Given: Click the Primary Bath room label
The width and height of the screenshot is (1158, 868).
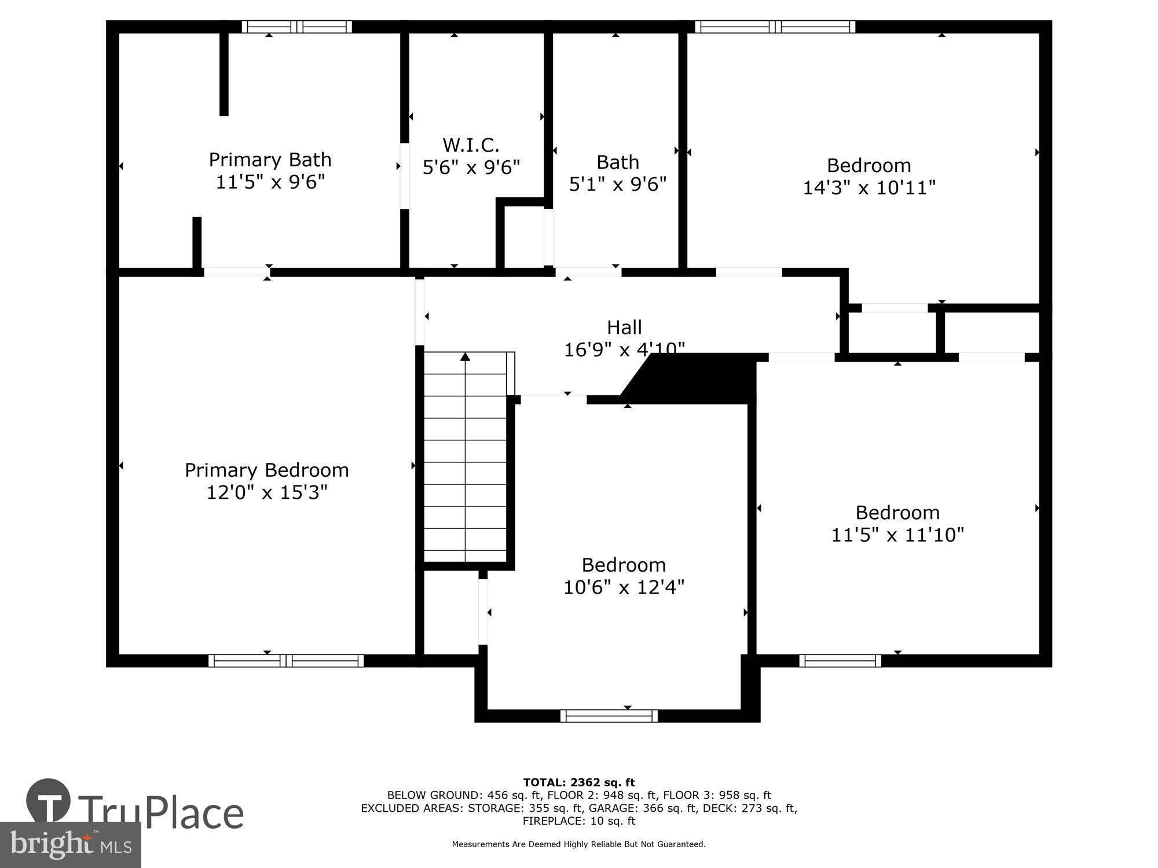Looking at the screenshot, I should pyautogui.click(x=270, y=160).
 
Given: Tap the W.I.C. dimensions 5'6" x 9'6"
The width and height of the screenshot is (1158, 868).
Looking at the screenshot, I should pyautogui.click(x=471, y=168).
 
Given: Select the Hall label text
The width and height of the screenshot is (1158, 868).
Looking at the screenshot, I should pyautogui.click(x=624, y=328).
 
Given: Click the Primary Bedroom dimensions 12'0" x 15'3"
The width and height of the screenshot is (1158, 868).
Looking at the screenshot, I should pyautogui.click(x=267, y=492).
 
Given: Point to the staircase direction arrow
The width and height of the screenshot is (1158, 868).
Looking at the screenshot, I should pyautogui.click(x=465, y=358).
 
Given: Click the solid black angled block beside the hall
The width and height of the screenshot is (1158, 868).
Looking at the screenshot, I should pyautogui.click(x=695, y=378).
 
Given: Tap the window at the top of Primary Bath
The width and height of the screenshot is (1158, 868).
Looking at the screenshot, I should pyautogui.click(x=296, y=27).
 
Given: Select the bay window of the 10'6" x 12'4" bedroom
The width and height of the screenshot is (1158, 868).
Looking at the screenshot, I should pyautogui.click(x=609, y=716).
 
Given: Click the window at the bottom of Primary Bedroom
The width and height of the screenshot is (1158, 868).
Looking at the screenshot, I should pyautogui.click(x=286, y=661).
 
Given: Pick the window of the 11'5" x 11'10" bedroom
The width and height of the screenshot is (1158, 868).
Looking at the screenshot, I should pyautogui.click(x=840, y=661).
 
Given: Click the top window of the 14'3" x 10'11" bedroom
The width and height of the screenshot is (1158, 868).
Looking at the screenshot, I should pyautogui.click(x=775, y=27).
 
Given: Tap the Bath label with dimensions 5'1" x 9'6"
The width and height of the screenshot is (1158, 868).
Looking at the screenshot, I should pyautogui.click(x=618, y=163).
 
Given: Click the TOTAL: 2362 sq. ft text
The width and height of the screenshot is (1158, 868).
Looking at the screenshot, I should pyautogui.click(x=579, y=783).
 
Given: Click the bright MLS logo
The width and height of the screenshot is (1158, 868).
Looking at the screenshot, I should pyautogui.click(x=70, y=845).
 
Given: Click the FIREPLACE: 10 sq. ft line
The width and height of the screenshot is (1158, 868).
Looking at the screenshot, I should pyautogui.click(x=579, y=821).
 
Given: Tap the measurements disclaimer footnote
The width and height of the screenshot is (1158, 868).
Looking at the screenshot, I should pyautogui.click(x=579, y=844).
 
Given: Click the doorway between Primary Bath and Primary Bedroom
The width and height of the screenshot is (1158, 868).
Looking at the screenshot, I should pyautogui.click(x=237, y=272).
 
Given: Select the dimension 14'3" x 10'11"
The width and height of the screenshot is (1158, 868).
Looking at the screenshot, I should pyautogui.click(x=869, y=187).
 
